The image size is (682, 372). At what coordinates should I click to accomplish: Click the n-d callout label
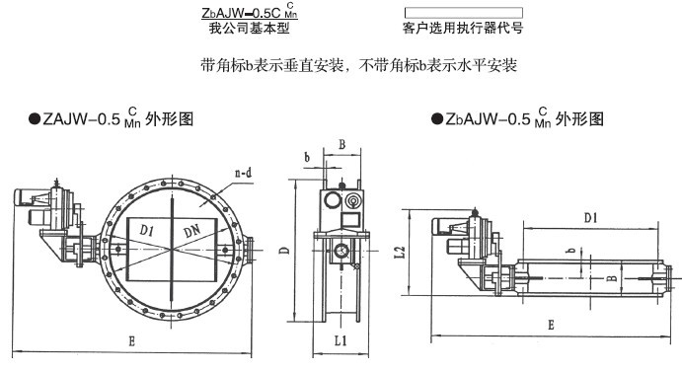point(243,173)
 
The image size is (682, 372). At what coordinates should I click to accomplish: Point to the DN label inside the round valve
point(191,231)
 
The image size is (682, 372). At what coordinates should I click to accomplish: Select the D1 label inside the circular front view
point(147,230)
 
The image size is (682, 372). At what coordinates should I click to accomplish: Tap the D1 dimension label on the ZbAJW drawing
point(590,217)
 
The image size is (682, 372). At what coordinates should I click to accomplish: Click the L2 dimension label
point(400,252)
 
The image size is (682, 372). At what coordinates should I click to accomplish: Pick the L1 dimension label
point(341,340)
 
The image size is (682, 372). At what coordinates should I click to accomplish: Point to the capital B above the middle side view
point(341,144)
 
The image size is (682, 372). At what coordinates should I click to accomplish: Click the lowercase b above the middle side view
point(307,157)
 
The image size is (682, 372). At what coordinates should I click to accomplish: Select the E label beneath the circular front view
point(132,340)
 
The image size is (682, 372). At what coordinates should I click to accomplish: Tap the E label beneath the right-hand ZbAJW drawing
point(551,325)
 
